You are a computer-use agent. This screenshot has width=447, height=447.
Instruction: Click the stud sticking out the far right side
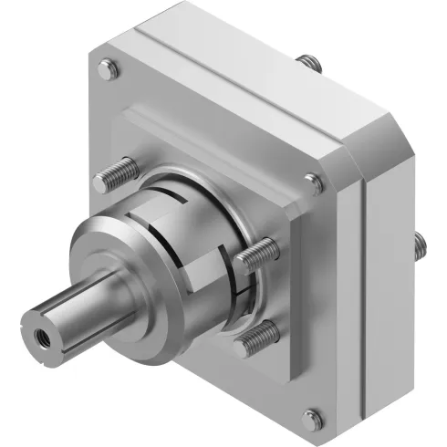421,244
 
